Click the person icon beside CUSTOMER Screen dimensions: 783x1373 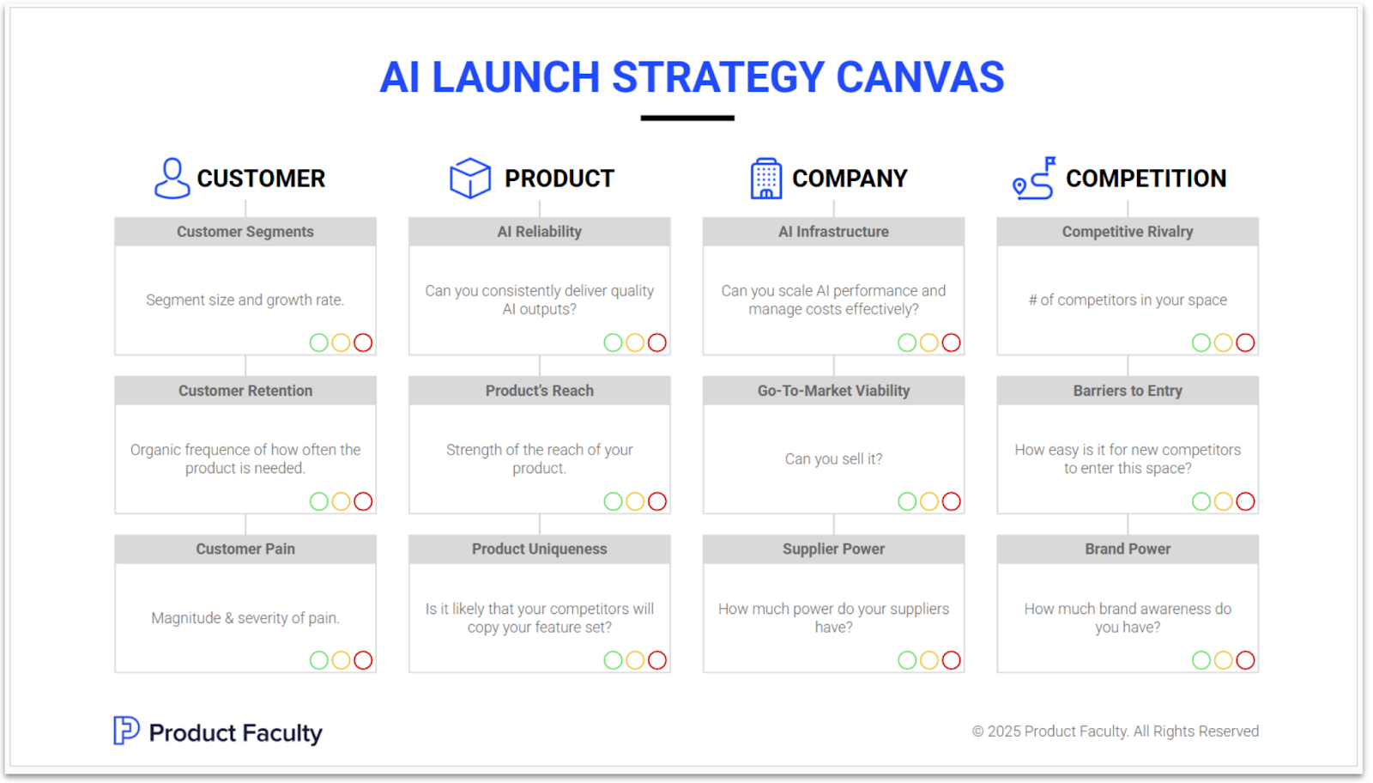172,178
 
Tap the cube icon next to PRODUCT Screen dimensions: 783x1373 470,178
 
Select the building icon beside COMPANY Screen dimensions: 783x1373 765,179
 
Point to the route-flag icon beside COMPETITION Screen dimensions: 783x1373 1034,178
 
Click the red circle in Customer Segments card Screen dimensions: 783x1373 363,343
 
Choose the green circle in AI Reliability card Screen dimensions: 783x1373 613,343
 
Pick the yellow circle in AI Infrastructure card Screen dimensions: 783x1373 928,343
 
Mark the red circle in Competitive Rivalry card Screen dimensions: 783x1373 1245,343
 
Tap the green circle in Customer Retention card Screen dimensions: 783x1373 318,501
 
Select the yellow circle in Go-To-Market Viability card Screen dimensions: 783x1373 928,501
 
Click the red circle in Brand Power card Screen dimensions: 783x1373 1245,660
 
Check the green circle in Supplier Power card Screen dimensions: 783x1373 907,660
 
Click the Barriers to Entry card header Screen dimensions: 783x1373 1128,391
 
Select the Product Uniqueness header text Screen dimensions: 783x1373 539,549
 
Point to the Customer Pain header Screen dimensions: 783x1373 245,549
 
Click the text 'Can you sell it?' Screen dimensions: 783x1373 833,459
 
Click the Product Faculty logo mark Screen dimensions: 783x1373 126,731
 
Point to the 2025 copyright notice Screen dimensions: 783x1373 1115,731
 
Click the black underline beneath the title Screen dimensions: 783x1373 687,118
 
